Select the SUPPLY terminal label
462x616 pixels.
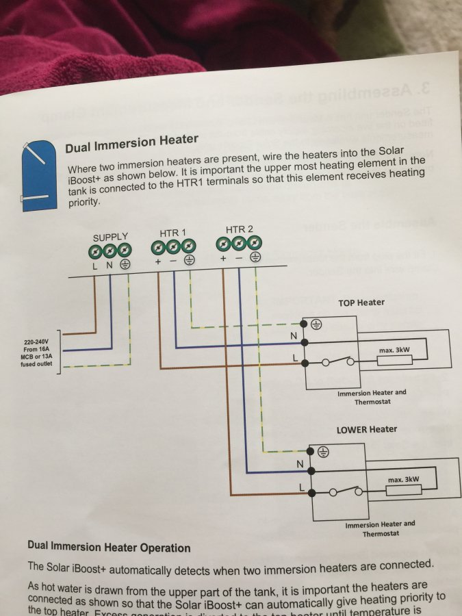tap(111, 238)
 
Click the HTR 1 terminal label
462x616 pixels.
tap(174, 233)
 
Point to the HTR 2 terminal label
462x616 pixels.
tap(239, 229)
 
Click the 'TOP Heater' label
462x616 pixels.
tap(361, 302)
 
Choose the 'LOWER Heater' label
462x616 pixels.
tap(367, 429)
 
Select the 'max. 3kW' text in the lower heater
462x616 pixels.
tap(403, 480)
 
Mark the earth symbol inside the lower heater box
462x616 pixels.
tap(324, 452)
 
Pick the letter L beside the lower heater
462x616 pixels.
tap(302, 487)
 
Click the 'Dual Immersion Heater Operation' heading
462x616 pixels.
tap(109, 548)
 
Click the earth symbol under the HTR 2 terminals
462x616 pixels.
tap(255, 257)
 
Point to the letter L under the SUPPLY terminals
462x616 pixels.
tap(95, 265)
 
